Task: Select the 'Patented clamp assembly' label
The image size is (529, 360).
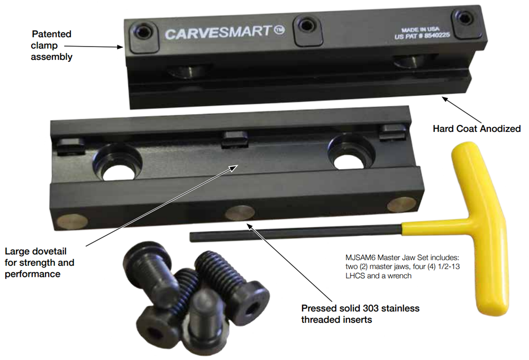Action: pos(51,45)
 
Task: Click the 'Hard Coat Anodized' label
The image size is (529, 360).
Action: pos(477,129)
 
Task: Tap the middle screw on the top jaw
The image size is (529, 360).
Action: pos(305,24)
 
